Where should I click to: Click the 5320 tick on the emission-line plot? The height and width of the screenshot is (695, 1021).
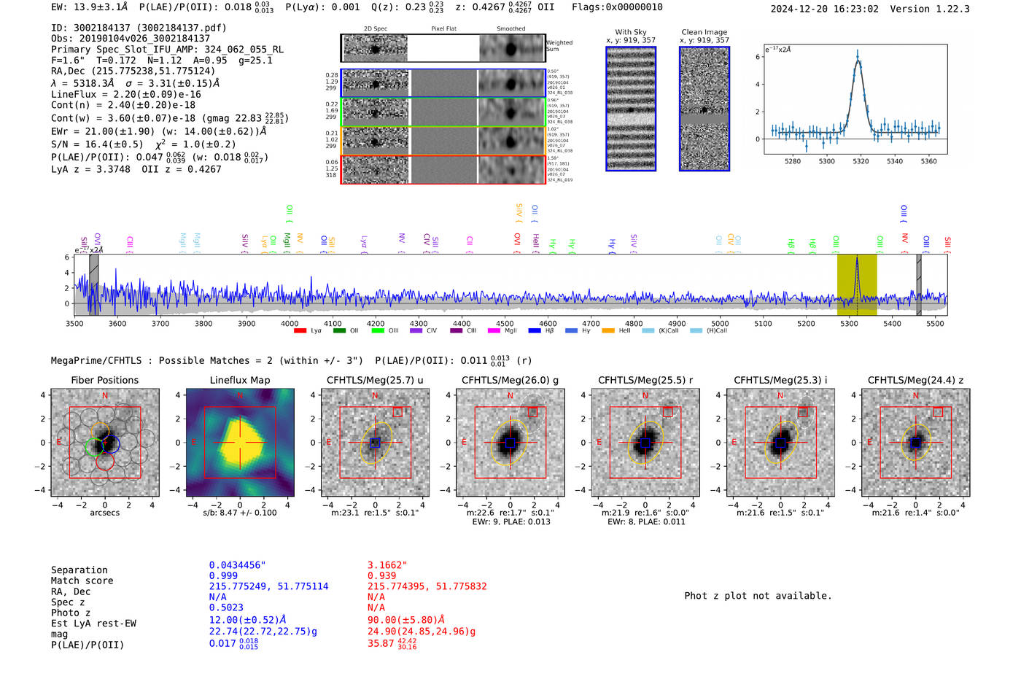(x=861, y=161)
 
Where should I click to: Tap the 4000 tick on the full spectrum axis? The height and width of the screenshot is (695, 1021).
(x=290, y=323)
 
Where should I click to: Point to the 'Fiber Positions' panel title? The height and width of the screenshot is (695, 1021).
(x=104, y=380)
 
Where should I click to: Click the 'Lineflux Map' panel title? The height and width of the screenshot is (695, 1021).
(x=239, y=380)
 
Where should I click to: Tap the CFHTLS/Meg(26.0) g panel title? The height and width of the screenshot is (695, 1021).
(x=510, y=380)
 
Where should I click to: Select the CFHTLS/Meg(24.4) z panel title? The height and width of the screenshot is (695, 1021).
(x=915, y=380)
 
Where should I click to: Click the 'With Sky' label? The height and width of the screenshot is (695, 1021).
(x=630, y=32)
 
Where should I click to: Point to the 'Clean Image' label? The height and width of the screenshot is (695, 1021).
(x=704, y=32)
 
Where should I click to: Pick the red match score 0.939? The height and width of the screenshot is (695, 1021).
(x=382, y=576)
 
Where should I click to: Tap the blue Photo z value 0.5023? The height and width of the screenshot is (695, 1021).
(x=226, y=607)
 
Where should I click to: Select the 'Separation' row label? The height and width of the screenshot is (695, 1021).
(x=79, y=570)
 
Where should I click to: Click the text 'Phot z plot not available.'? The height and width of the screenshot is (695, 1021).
(x=758, y=596)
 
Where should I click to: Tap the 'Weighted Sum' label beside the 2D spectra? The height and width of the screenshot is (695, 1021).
(x=559, y=46)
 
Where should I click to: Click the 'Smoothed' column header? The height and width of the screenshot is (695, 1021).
(x=510, y=29)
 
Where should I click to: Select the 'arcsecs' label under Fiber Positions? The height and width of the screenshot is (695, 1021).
(x=104, y=513)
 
